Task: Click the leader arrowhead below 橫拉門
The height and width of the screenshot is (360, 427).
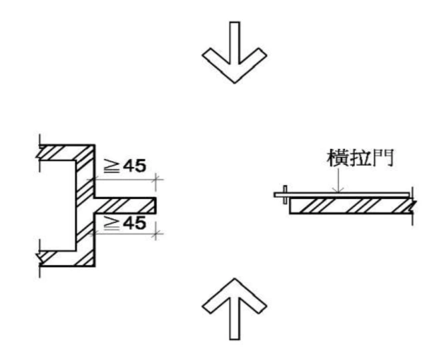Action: point(340,190)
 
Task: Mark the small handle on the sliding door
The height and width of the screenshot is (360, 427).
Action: point(284,194)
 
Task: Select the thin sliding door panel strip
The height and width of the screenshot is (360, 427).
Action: point(347,195)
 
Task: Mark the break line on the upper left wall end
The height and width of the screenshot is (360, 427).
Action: point(41,152)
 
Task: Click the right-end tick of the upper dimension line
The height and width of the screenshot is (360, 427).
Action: point(156,179)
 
